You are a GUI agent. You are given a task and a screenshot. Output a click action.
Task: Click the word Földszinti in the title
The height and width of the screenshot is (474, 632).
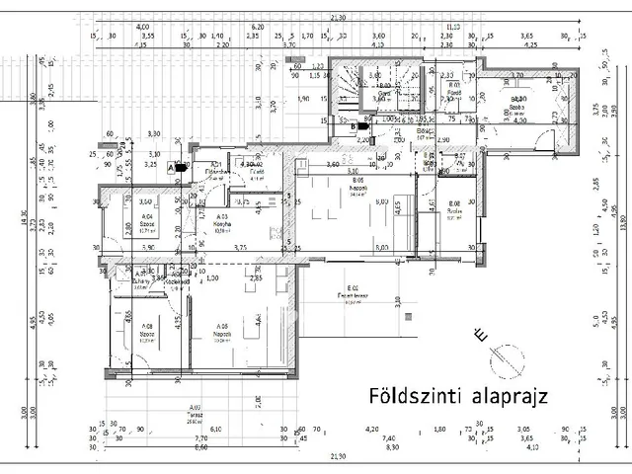pyautogui.click(x=405, y=396)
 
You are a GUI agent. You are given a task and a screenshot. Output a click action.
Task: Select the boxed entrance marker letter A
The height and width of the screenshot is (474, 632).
pyautogui.click(x=171, y=168)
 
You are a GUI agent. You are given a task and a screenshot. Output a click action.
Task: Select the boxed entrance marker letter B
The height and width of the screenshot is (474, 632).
pyautogui.click(x=354, y=125)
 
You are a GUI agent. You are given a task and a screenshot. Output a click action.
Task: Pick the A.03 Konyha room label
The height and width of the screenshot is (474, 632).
pyautogui.click(x=223, y=220)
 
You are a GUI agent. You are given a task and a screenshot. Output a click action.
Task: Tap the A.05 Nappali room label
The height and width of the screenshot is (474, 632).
pyautogui.click(x=223, y=330)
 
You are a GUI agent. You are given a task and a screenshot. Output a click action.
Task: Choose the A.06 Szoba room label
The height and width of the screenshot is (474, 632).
pyautogui.click(x=146, y=330)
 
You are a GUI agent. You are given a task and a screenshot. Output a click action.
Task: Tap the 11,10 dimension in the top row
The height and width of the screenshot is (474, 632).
pyautogui.click(x=453, y=27)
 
